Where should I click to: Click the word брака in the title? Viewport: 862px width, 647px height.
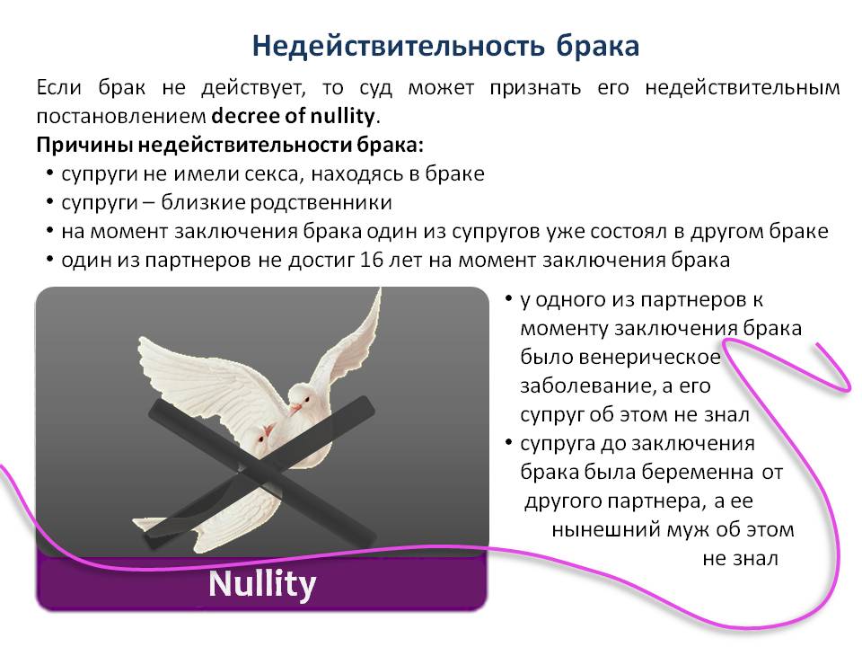(x=598, y=46)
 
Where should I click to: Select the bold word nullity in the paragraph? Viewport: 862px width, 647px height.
(x=342, y=116)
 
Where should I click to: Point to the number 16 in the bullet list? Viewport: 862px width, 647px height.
(x=371, y=260)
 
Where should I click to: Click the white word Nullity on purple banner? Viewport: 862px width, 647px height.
(x=262, y=584)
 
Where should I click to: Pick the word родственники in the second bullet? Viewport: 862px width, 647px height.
(x=321, y=203)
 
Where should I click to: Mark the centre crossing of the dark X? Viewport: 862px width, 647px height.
(x=258, y=469)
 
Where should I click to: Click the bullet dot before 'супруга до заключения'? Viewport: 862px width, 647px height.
(x=508, y=443)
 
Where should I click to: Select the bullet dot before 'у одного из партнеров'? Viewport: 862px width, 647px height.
(x=508, y=299)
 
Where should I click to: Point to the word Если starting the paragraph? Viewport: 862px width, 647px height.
(x=59, y=88)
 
